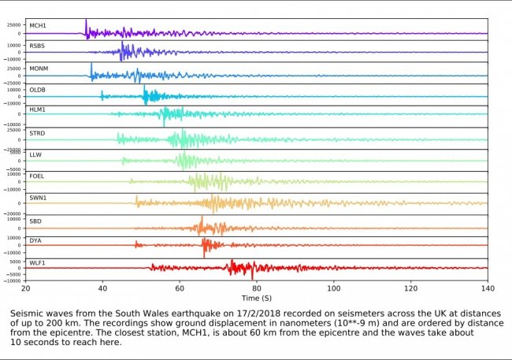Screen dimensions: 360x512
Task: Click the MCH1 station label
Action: (36, 25)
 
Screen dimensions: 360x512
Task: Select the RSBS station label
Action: (36, 46)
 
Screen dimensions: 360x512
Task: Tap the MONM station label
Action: (38, 69)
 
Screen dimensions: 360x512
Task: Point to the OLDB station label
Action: (37, 90)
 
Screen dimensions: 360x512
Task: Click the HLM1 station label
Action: (37, 111)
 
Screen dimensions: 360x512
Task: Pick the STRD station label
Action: (36, 133)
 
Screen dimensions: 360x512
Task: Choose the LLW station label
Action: (35, 154)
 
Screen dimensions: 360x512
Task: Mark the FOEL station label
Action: (36, 176)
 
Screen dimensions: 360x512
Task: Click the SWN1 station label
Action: (37, 198)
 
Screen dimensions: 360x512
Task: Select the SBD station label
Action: (35, 219)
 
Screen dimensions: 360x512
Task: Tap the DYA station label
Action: (35, 240)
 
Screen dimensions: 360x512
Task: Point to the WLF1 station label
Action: (37, 262)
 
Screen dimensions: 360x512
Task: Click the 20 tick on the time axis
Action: (25, 288)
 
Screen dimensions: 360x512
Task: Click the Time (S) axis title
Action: (256, 299)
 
